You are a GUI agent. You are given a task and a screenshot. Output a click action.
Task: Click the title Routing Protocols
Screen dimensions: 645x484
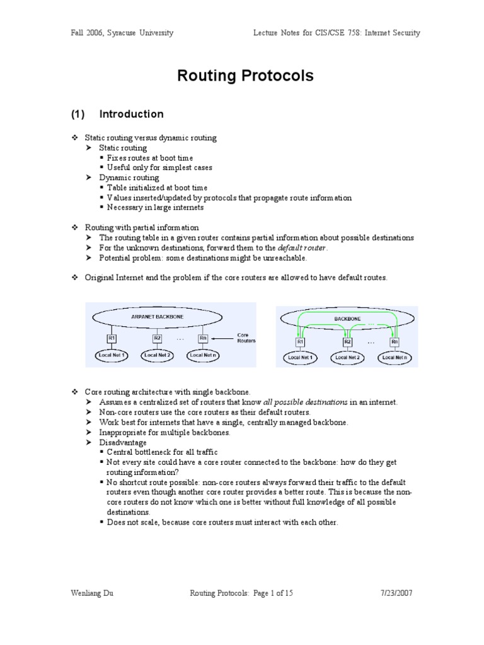click(x=245, y=77)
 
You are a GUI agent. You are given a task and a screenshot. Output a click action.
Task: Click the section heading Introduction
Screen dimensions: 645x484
click(x=132, y=114)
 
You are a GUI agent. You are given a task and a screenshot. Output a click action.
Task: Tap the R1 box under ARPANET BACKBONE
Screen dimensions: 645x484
click(x=112, y=339)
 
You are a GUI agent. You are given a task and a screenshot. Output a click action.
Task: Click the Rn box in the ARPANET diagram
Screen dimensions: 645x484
click(x=203, y=339)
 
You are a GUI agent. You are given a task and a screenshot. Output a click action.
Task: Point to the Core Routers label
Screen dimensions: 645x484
click(x=245, y=338)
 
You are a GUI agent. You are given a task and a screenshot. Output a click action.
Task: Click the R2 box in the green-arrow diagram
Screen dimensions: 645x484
click(x=347, y=342)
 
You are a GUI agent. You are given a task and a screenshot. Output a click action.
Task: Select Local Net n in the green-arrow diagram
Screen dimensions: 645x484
click(x=395, y=358)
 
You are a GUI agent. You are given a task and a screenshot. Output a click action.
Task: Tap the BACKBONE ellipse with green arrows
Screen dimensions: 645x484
click(x=347, y=319)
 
